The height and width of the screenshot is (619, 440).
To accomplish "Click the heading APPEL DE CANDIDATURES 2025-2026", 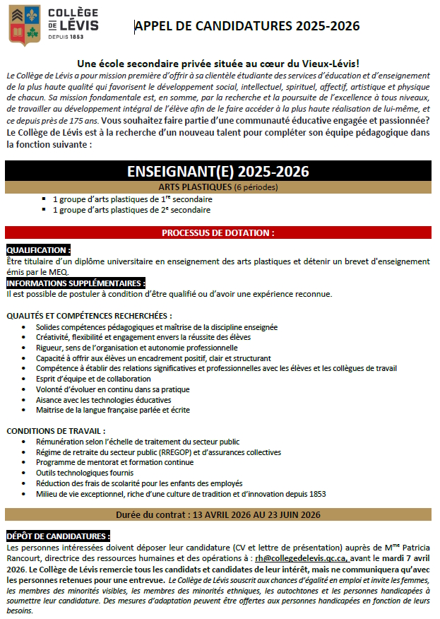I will click(247, 26).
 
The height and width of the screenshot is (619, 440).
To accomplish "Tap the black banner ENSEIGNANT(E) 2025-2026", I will click(218, 172).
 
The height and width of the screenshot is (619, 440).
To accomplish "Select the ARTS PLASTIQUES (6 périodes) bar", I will click(218, 187).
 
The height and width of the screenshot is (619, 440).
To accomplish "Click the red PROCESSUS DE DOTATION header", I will click(218, 232).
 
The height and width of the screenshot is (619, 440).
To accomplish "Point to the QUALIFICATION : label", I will click(38, 250).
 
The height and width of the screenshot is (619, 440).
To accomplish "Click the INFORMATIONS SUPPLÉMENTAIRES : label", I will click(76, 283).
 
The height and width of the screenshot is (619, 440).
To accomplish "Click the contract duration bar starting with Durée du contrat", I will click(218, 514).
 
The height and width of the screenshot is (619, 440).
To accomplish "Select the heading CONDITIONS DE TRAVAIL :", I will click(56, 430).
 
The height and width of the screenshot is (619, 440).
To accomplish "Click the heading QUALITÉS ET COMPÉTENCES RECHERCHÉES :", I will click(89, 315).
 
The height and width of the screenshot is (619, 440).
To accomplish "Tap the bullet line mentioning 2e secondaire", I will click(131, 210).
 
